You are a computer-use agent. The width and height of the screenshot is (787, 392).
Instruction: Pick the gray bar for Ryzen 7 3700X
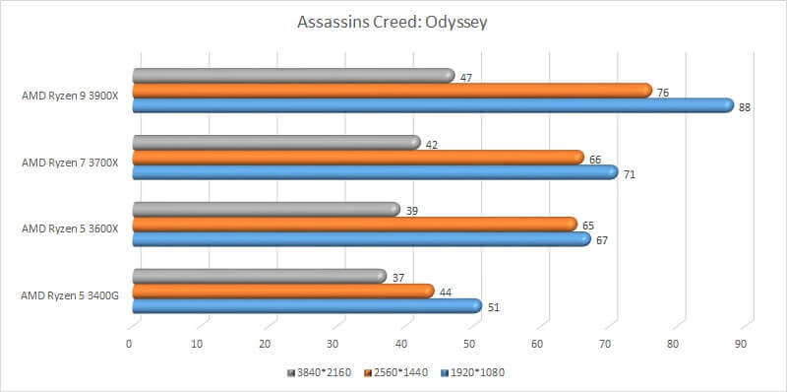[275, 143]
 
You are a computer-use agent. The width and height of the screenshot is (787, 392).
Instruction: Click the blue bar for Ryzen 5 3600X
[360, 238]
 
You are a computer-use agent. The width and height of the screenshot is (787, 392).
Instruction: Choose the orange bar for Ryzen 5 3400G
[282, 291]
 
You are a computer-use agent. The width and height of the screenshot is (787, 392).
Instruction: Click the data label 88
[745, 107]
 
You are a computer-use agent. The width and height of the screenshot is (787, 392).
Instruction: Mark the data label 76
[663, 93]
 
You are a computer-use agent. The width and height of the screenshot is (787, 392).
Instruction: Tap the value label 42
[432, 145]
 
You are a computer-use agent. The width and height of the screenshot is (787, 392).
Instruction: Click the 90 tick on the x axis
[741, 345]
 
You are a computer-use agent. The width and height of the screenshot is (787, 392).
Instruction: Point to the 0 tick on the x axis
[129, 345]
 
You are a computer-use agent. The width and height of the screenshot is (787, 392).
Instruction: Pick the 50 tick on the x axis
[469, 345]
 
